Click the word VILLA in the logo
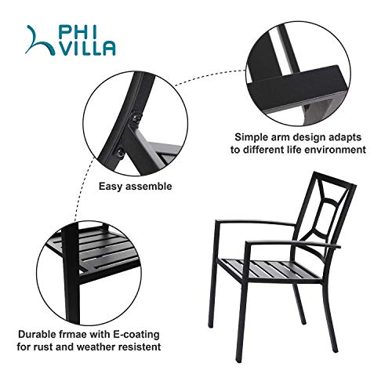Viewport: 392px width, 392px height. coord(85,48)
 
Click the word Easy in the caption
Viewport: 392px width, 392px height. coord(111,187)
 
